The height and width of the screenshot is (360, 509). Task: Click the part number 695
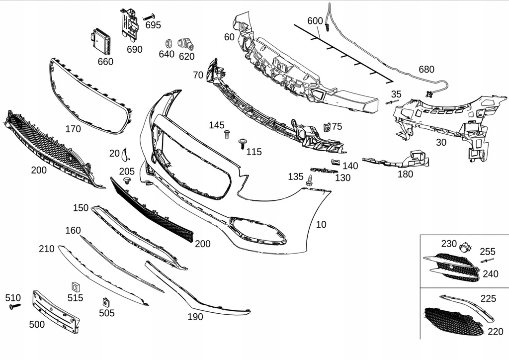click(153, 25)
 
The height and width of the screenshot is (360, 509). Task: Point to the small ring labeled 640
click(168, 41)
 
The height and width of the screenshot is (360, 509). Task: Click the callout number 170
click(73, 129)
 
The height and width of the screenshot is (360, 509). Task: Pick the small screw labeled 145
click(227, 134)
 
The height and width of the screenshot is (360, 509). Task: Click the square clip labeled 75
click(327, 127)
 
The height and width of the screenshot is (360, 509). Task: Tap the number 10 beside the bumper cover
click(321, 225)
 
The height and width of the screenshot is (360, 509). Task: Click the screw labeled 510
click(14, 307)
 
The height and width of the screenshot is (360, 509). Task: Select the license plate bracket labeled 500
click(55, 311)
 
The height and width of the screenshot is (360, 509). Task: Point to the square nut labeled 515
click(76, 286)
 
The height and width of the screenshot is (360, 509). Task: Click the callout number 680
click(426, 70)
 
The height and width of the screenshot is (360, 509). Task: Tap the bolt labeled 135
click(310, 180)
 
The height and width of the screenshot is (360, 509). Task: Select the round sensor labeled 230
click(465, 246)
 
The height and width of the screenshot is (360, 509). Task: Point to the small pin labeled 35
click(391, 102)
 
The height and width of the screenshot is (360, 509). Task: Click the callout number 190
click(195, 317)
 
